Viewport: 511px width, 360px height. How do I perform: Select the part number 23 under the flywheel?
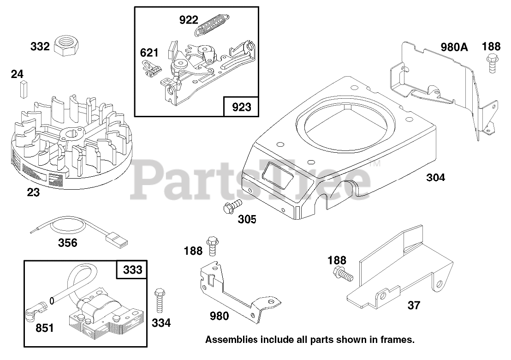click(x=33, y=192)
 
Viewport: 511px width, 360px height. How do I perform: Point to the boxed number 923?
click(x=241, y=107)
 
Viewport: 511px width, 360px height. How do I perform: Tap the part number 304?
click(x=435, y=177)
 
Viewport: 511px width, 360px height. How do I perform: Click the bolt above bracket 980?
click(x=212, y=245)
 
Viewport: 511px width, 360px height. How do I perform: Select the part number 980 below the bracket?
click(x=219, y=316)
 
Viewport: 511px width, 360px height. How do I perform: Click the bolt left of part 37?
click(x=342, y=273)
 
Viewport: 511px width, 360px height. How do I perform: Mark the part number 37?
click(x=414, y=305)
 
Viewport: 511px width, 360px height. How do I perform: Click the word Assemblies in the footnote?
click(x=231, y=340)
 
